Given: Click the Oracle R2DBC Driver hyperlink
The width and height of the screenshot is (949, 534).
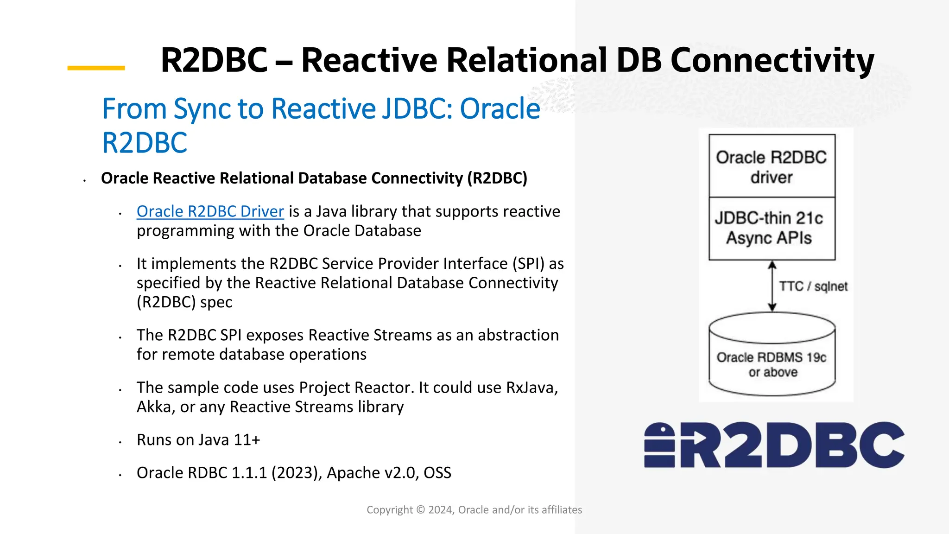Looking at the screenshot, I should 210,211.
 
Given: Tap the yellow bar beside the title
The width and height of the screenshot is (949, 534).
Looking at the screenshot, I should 96,68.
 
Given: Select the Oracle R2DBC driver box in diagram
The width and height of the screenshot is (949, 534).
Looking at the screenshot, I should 772,166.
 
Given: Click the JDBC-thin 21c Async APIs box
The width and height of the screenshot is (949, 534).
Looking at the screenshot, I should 772,229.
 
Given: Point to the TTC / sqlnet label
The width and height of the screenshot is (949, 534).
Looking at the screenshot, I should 813,286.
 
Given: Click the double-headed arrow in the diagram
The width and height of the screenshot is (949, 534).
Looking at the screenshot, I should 772,286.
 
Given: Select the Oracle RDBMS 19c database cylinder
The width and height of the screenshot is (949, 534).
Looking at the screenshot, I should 772,355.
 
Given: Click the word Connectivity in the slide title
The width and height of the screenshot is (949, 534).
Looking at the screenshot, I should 772,60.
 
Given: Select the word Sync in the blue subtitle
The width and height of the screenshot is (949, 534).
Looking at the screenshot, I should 202,109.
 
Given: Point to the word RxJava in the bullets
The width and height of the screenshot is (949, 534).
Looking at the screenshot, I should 531,388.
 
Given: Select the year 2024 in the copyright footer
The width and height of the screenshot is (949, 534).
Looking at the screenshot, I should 441,510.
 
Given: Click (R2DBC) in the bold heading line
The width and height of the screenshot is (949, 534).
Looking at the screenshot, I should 497,178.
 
